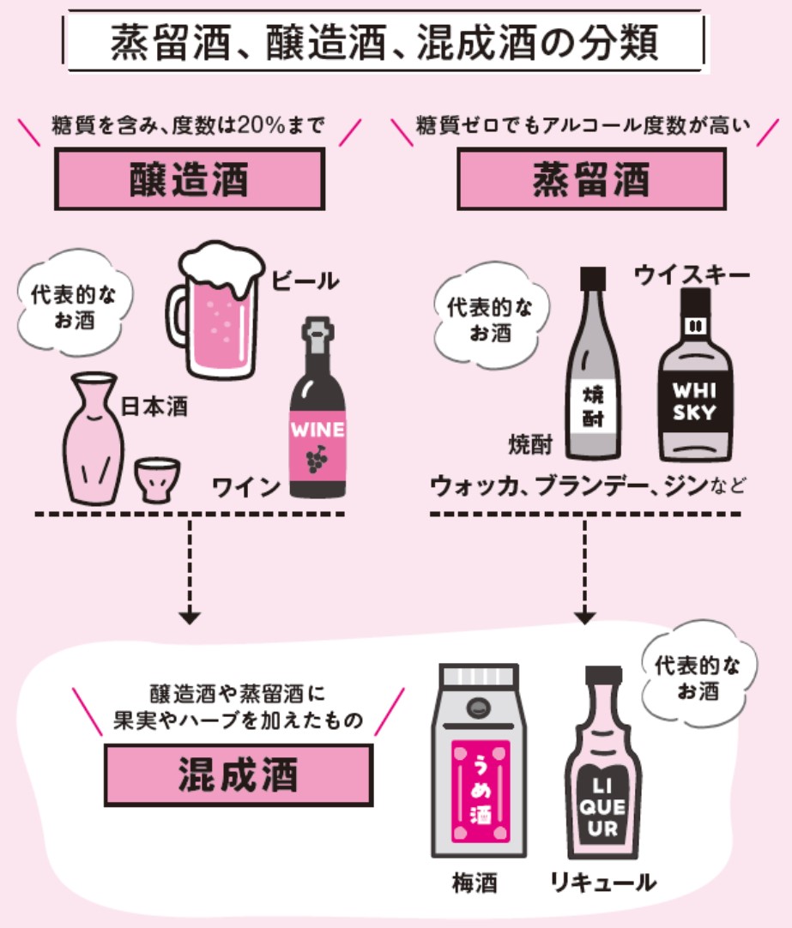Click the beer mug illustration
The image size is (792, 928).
216,310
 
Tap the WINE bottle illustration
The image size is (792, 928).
317,408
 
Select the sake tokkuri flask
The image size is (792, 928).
93,438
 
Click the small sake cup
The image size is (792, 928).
157,479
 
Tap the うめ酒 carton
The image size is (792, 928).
480,761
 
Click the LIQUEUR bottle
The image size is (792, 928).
603,763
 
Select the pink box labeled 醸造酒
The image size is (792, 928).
190,179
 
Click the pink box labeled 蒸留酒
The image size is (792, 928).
591,179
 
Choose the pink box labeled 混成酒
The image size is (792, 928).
239,775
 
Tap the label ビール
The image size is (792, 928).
305,280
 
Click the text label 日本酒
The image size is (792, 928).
154,407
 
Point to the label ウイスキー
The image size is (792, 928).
692,275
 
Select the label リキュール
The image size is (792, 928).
603,883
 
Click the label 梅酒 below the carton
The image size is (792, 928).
475,883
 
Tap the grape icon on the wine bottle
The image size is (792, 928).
317,459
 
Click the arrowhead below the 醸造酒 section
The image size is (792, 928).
190,618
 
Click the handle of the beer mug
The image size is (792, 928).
176,315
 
